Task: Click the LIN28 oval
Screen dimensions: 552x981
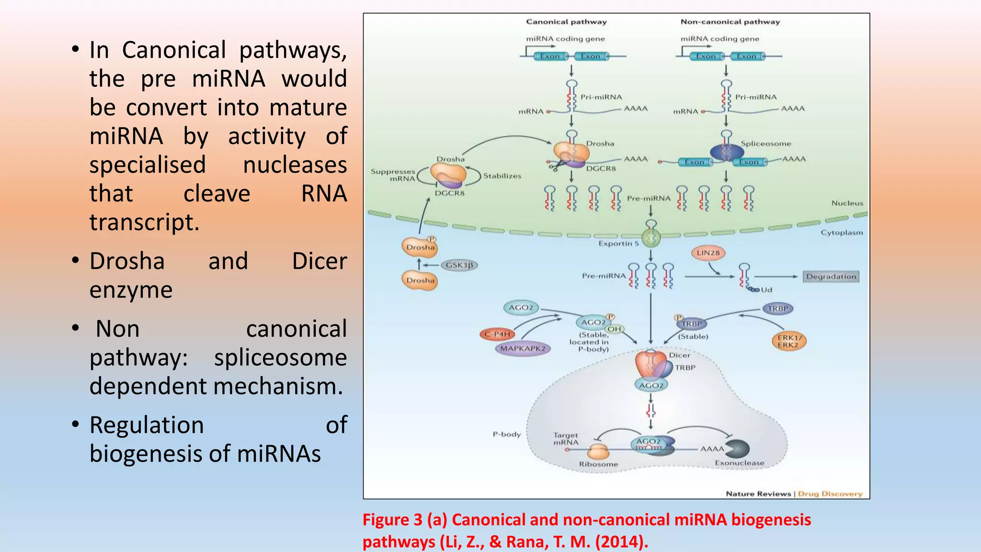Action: [x=708, y=253]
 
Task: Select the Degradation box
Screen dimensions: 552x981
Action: [x=831, y=276]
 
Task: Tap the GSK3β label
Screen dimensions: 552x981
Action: [x=459, y=265]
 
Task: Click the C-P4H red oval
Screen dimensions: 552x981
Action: [x=497, y=334]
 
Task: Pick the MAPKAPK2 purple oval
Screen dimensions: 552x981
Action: [x=523, y=348]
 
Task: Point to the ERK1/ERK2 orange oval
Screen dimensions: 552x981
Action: [x=788, y=341]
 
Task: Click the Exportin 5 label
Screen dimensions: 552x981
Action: [x=618, y=243]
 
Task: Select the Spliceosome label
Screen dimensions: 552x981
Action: [x=765, y=143]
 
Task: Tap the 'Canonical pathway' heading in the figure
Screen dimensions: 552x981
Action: [x=566, y=22]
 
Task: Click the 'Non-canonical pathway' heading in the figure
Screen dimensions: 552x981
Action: [x=730, y=22]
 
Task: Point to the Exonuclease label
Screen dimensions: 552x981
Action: [x=739, y=463]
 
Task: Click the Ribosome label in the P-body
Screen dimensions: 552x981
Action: [x=598, y=464]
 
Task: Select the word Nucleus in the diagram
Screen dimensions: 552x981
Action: [x=847, y=203]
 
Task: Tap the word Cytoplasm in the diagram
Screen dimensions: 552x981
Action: [x=842, y=232]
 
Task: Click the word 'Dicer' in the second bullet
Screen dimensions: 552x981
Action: [x=319, y=262]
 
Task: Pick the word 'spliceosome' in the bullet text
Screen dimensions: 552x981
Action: [x=280, y=358]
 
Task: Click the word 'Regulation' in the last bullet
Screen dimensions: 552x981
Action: [x=147, y=425]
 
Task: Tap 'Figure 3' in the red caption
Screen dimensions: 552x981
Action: [x=392, y=520]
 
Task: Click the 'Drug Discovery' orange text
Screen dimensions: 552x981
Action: [x=830, y=494]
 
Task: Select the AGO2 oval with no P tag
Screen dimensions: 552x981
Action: [x=521, y=308]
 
